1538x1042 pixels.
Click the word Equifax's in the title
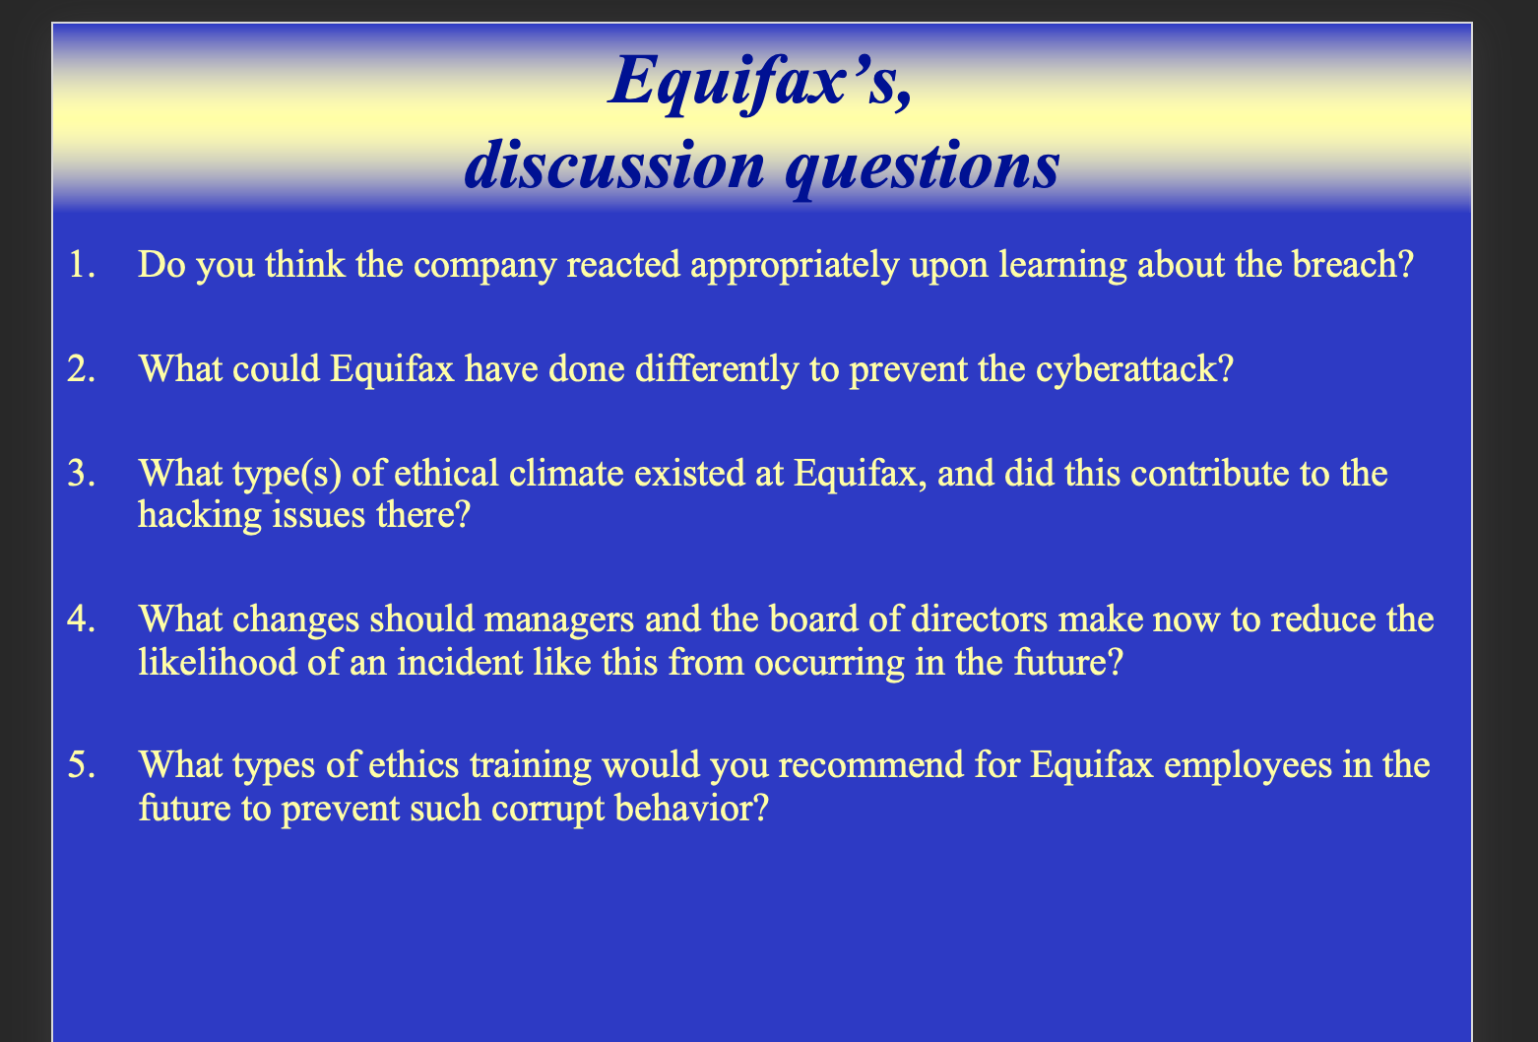click(761, 84)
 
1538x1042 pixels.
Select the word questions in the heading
click(923, 169)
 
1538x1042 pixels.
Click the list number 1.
click(82, 265)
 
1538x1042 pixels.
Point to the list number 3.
click(81, 474)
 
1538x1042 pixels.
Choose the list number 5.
click(81, 764)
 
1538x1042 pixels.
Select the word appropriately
click(795, 267)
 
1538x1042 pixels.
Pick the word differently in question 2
click(717, 370)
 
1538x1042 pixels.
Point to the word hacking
click(200, 516)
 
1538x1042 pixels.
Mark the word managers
click(559, 620)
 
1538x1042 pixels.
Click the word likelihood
click(218, 662)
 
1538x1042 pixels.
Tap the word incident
click(460, 662)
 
